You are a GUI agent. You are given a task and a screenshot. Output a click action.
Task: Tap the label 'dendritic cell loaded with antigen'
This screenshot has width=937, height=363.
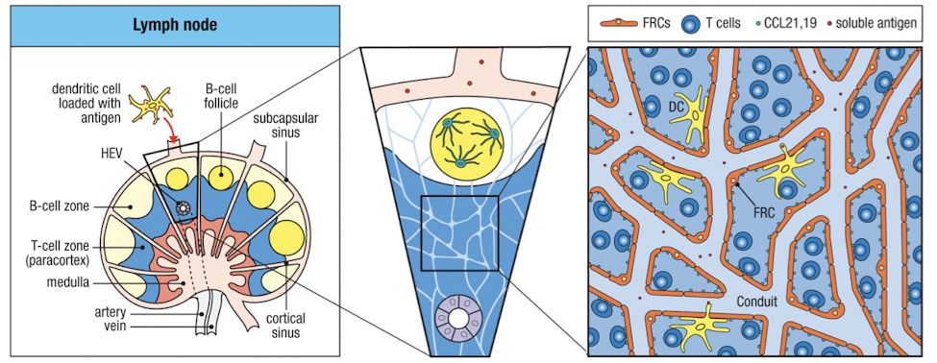point(87,102)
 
